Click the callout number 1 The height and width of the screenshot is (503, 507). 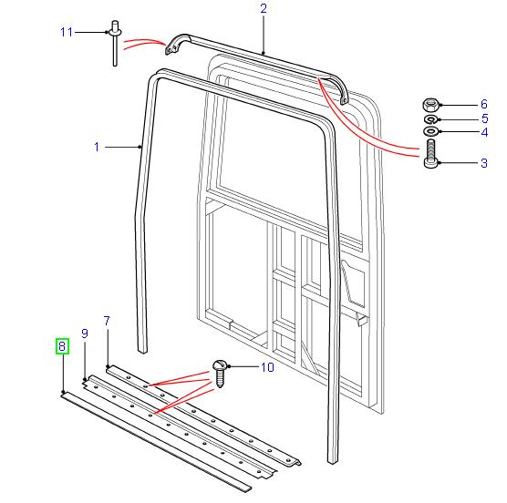tap(97, 146)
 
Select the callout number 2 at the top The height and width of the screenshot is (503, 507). tap(263, 9)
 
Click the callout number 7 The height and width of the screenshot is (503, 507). tap(107, 321)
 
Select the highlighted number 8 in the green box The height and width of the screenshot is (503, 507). tap(61, 346)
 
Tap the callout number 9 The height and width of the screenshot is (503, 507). tap(84, 334)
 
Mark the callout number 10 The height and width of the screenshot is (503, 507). tap(267, 368)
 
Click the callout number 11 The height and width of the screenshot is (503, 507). tap(66, 32)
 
